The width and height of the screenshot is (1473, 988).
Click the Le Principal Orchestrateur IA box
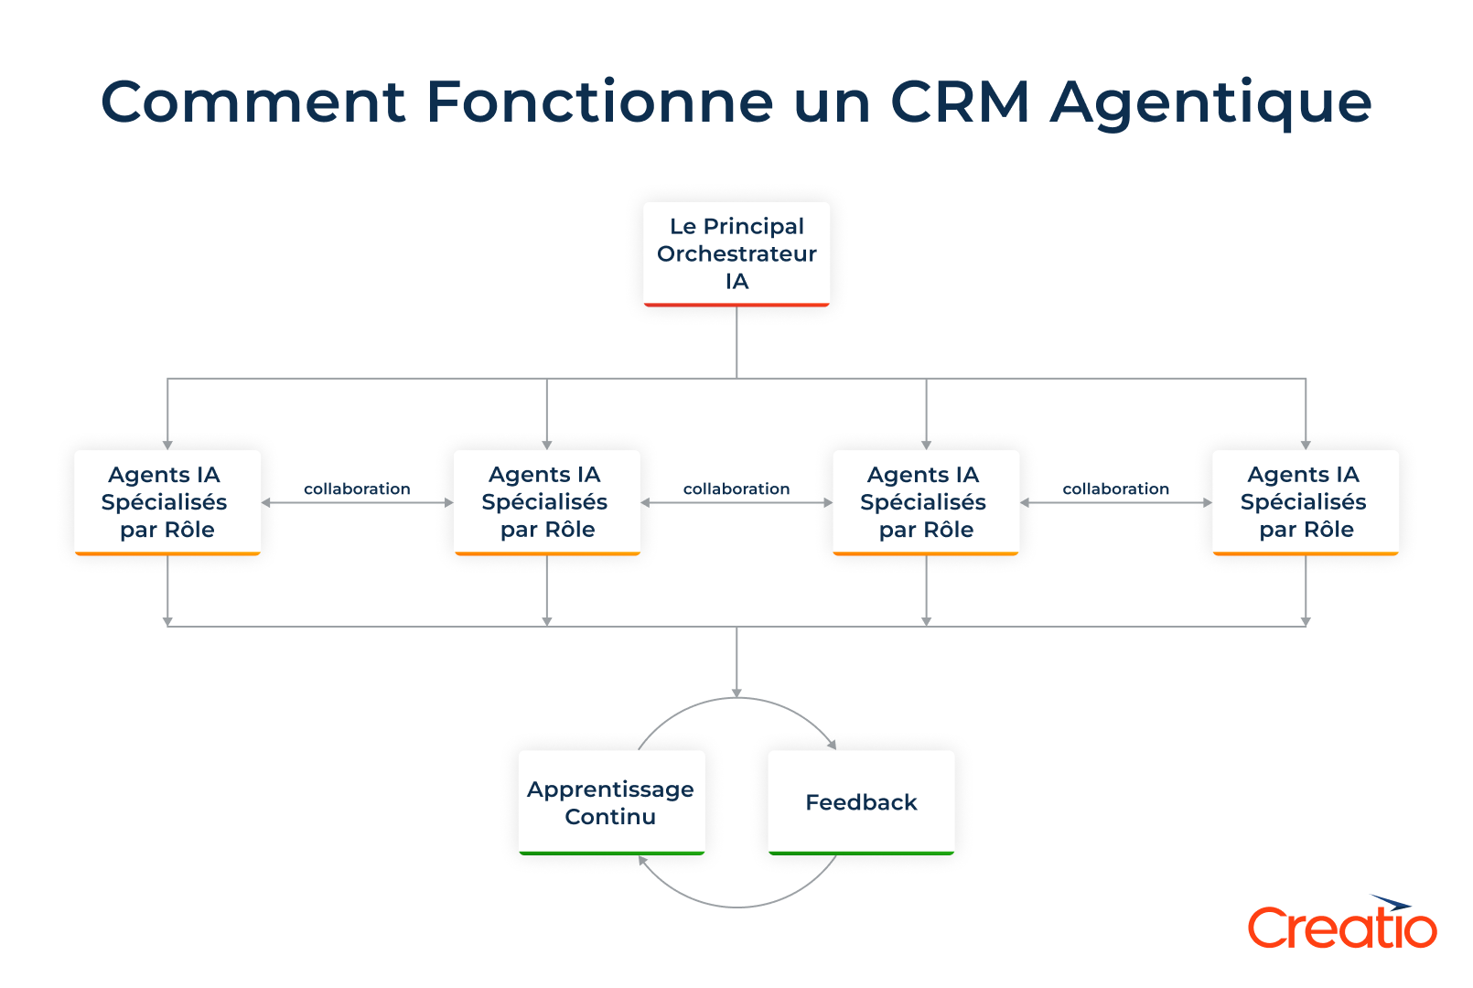click(x=736, y=253)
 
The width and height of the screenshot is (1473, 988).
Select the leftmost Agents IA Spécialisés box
click(x=167, y=501)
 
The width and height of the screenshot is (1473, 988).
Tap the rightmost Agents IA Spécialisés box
click(x=1305, y=501)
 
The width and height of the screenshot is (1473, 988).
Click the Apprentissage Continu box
click(x=611, y=801)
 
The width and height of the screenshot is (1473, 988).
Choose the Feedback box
click(x=861, y=801)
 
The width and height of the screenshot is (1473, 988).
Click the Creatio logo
click(x=1341, y=926)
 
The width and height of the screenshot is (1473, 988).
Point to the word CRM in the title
click(x=960, y=102)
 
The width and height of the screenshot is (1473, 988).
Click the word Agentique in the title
click(x=1210, y=103)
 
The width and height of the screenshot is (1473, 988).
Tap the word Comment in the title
click(x=253, y=102)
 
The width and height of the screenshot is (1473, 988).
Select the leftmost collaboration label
click(x=357, y=489)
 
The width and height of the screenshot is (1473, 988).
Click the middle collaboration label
click(x=736, y=489)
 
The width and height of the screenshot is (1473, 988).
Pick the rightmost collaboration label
click(x=1115, y=489)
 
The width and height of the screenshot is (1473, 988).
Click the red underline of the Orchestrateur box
click(x=736, y=305)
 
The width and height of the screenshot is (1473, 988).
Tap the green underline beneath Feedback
click(x=861, y=853)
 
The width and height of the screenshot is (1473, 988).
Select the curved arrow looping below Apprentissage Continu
click(x=737, y=907)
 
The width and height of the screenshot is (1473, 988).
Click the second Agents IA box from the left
click(x=547, y=501)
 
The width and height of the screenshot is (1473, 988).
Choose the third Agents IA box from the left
click(x=926, y=501)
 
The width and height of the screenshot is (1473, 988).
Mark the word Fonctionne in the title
click(x=600, y=102)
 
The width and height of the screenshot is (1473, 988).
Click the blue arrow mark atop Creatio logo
click(x=1391, y=903)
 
